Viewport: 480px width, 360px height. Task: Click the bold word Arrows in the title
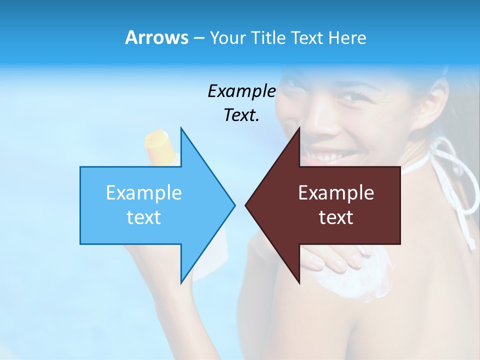(x=156, y=37)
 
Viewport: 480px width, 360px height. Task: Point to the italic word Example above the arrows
(x=241, y=91)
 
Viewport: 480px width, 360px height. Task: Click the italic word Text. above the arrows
(x=241, y=115)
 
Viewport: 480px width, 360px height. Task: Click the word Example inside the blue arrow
(x=144, y=192)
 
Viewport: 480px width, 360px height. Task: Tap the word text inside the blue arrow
(x=144, y=217)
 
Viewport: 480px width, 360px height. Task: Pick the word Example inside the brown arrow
(x=336, y=192)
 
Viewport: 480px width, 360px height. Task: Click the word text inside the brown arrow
(x=336, y=217)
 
